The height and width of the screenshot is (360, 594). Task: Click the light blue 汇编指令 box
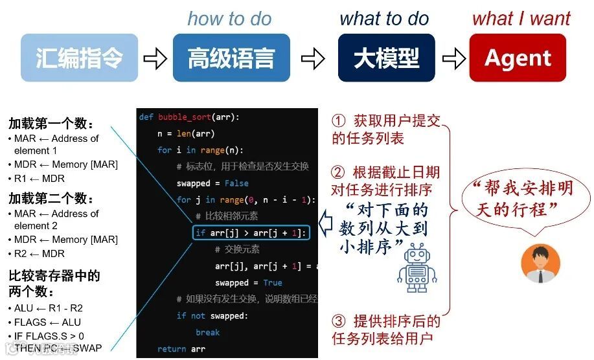pos(79,58)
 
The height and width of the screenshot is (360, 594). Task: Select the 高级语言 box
pos(231,58)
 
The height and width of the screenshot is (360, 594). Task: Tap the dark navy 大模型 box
pos(386,58)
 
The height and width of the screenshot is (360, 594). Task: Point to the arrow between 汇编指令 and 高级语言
pos(155,60)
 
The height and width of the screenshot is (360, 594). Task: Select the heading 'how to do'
pos(229,19)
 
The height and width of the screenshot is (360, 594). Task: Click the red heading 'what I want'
pos(521,19)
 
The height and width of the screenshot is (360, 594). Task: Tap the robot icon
pos(417,267)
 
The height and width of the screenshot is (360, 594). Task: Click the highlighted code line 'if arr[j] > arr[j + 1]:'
pos(251,233)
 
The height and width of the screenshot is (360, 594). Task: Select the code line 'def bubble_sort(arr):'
pos(189,117)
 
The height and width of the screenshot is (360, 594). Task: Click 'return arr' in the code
pos(181,349)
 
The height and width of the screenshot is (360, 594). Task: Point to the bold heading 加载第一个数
pos(51,124)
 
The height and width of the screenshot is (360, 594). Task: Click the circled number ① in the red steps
pos(339,121)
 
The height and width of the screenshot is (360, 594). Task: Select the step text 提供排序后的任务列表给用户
pos(387,329)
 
